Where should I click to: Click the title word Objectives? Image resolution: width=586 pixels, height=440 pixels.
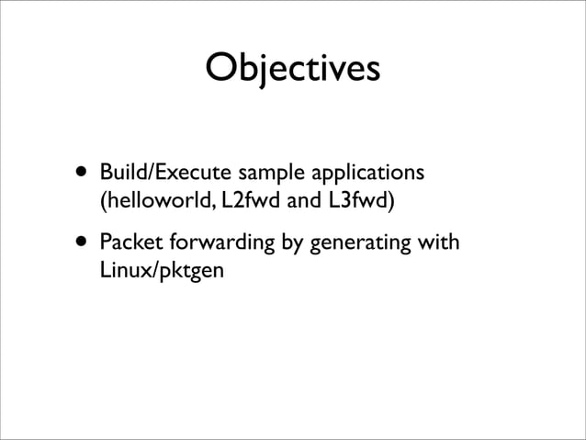(x=292, y=69)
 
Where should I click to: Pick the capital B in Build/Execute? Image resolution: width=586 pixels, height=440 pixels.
(x=106, y=173)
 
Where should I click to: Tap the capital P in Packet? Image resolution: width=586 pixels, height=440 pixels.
(x=105, y=244)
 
